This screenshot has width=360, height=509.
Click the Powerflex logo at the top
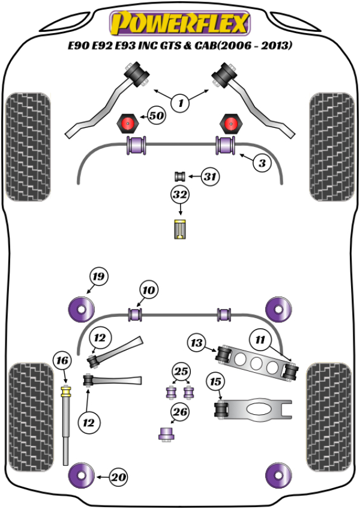[x=179, y=23]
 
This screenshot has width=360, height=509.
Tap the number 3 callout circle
[x=262, y=163]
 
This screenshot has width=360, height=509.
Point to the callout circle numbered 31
[x=209, y=176]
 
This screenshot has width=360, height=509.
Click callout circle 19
[x=98, y=277]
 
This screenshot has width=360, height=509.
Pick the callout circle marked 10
[x=148, y=291]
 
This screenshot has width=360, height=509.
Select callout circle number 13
[x=197, y=343]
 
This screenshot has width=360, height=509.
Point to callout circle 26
[x=180, y=412]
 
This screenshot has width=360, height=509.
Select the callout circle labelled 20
[x=119, y=477]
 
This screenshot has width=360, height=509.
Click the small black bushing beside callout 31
[x=179, y=176]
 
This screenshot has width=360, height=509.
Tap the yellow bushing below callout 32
[x=180, y=229]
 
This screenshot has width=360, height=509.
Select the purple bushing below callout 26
[x=165, y=433]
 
